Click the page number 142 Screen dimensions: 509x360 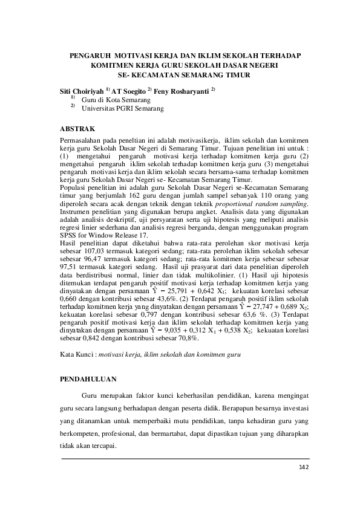click(x=304, y=467)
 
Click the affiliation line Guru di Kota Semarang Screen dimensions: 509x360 click(x=116, y=99)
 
